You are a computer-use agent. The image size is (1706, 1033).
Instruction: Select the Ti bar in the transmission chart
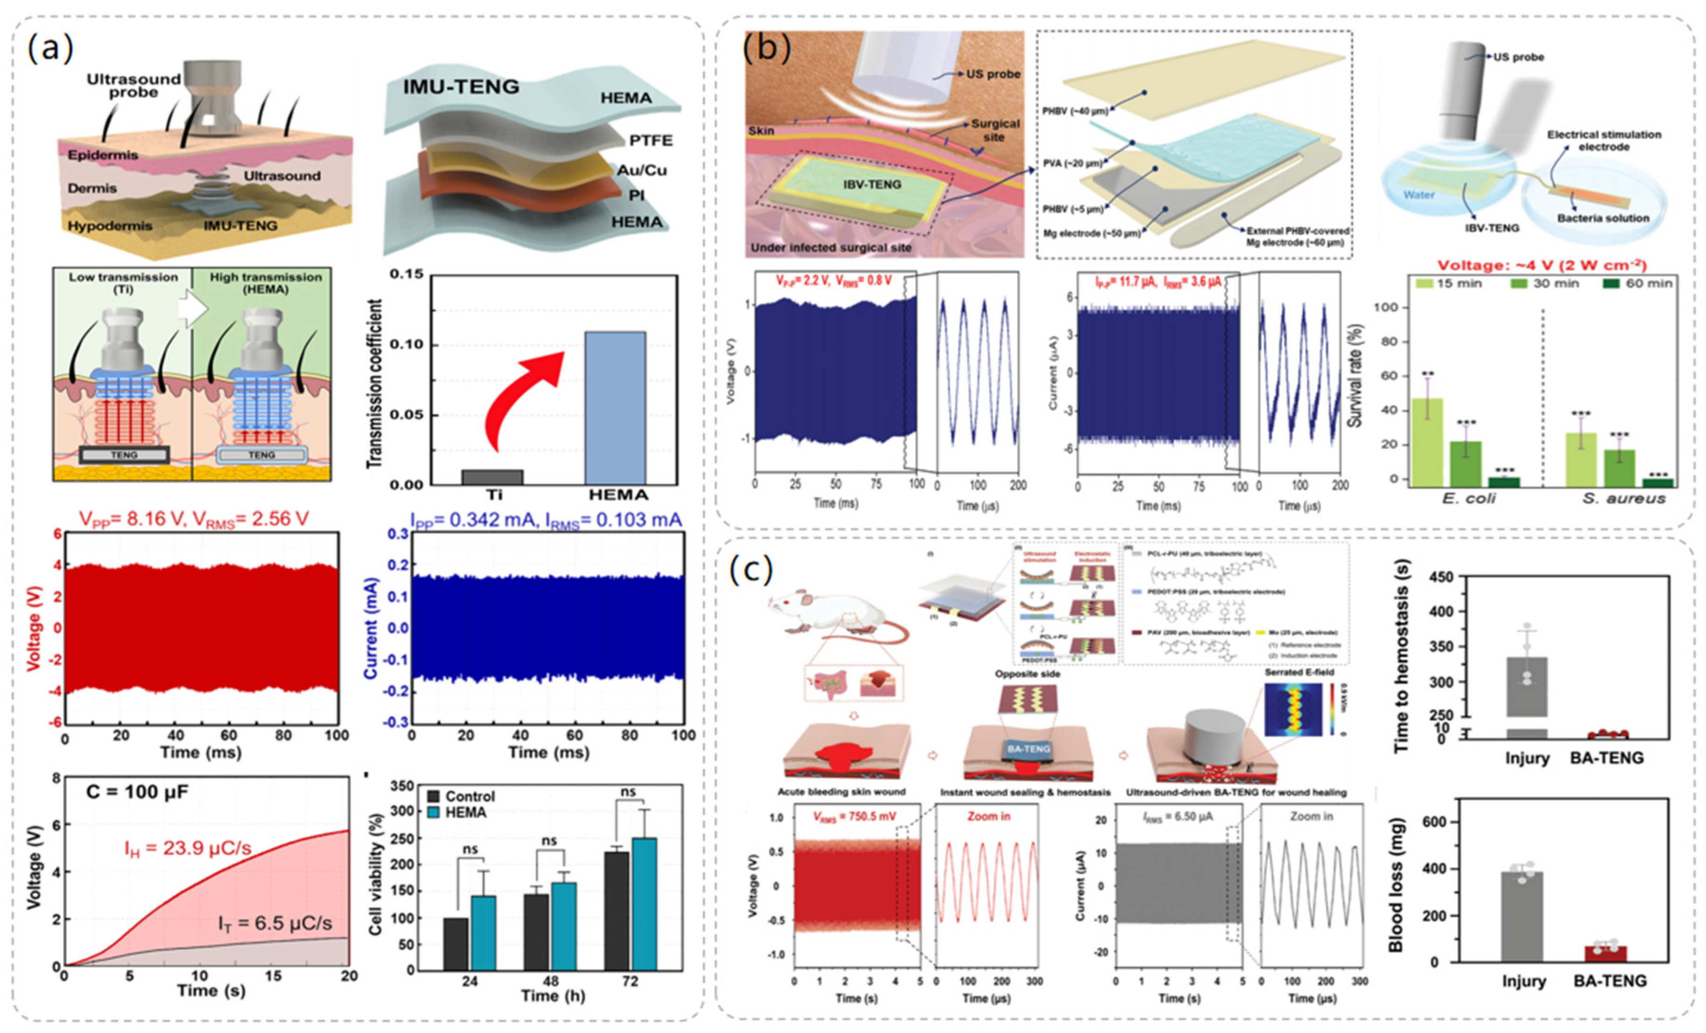(x=492, y=477)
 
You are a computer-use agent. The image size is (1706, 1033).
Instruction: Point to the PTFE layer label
(x=650, y=141)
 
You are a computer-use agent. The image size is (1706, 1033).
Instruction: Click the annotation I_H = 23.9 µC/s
(x=188, y=848)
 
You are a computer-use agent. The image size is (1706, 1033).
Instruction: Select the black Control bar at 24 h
(x=455, y=944)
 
